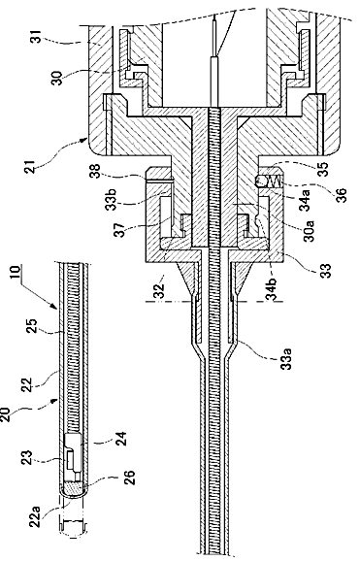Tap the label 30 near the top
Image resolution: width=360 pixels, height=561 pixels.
(57, 78)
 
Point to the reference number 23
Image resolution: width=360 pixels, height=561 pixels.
(28, 459)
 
